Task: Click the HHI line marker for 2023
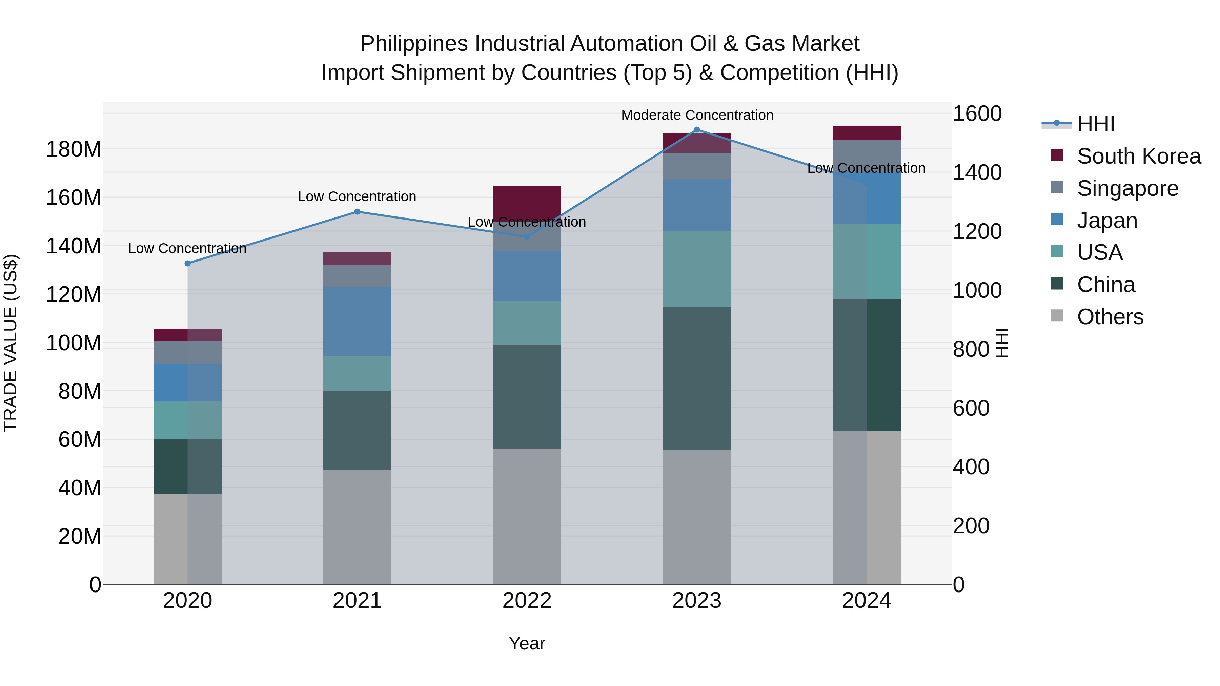coord(697,130)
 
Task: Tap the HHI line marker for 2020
coord(187,263)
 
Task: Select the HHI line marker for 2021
coord(357,212)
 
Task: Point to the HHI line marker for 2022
coord(527,237)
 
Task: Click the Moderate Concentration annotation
coord(697,115)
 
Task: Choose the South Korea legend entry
coord(1139,156)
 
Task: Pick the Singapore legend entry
coord(1127,188)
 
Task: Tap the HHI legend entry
coord(1095,124)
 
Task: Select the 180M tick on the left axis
coord(74,150)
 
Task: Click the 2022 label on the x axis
coord(527,601)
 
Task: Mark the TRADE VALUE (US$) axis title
coord(11,343)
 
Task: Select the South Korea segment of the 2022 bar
coord(527,203)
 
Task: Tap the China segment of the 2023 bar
coord(697,378)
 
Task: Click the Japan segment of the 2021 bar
coord(357,321)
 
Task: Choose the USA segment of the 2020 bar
coord(187,420)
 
